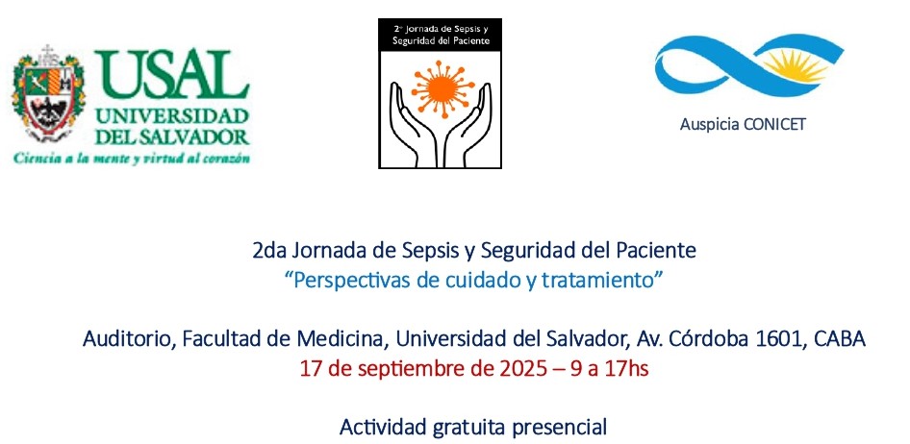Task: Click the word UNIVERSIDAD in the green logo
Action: point(172,116)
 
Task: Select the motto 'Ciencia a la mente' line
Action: point(132,158)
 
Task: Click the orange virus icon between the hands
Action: point(442,89)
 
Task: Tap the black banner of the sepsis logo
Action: point(440,35)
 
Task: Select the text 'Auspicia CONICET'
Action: point(743,124)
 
